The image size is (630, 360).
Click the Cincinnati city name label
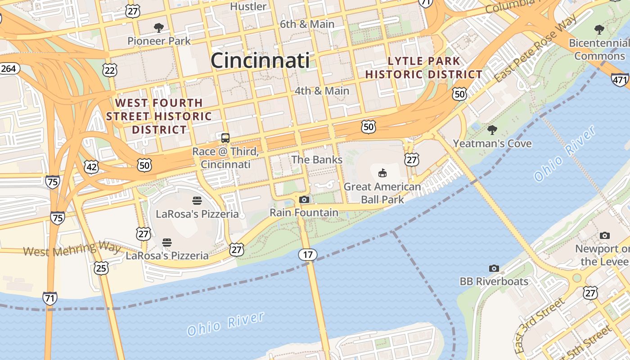tap(260, 60)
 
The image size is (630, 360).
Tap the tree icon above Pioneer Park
tap(158, 28)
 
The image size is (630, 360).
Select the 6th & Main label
tap(307, 24)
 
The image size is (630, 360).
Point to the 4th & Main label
tap(322, 91)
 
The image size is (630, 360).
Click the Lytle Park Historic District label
tap(423, 68)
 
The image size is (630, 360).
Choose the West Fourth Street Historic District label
tap(159, 116)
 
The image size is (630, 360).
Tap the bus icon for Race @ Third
tap(225, 138)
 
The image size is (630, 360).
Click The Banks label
tap(317, 160)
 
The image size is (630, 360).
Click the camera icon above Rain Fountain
tap(304, 199)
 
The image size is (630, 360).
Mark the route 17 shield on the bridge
tap(308, 255)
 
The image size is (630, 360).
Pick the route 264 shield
tap(8, 69)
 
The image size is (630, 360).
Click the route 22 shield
tap(110, 70)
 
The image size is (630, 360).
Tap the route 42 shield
tap(91, 167)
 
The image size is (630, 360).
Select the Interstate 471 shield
tap(620, 80)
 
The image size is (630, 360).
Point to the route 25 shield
tap(101, 268)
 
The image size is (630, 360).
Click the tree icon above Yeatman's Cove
tap(492, 130)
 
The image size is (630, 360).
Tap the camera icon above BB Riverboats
tap(494, 269)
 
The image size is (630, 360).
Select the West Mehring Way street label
tap(72, 249)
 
